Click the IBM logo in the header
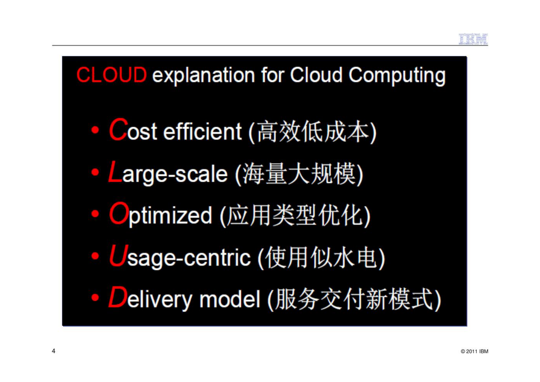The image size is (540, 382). (x=473, y=39)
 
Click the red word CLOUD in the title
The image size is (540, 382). (x=112, y=75)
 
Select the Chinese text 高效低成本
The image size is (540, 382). (x=312, y=132)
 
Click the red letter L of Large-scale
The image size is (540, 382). (x=115, y=172)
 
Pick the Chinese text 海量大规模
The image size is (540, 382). (x=299, y=174)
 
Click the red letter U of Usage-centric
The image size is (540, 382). (x=118, y=255)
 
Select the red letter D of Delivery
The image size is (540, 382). (x=118, y=297)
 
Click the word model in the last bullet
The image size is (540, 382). (x=230, y=299)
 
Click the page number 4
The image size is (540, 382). (x=53, y=351)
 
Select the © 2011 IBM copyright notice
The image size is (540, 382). (x=474, y=351)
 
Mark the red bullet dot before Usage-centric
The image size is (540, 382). (x=95, y=256)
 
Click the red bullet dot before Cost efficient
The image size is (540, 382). (x=95, y=130)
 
